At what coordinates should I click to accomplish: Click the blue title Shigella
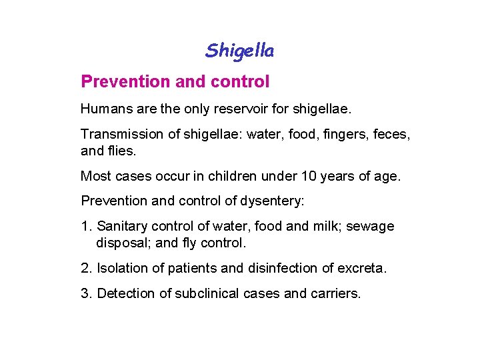click(x=240, y=50)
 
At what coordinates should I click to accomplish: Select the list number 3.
click(x=85, y=293)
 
